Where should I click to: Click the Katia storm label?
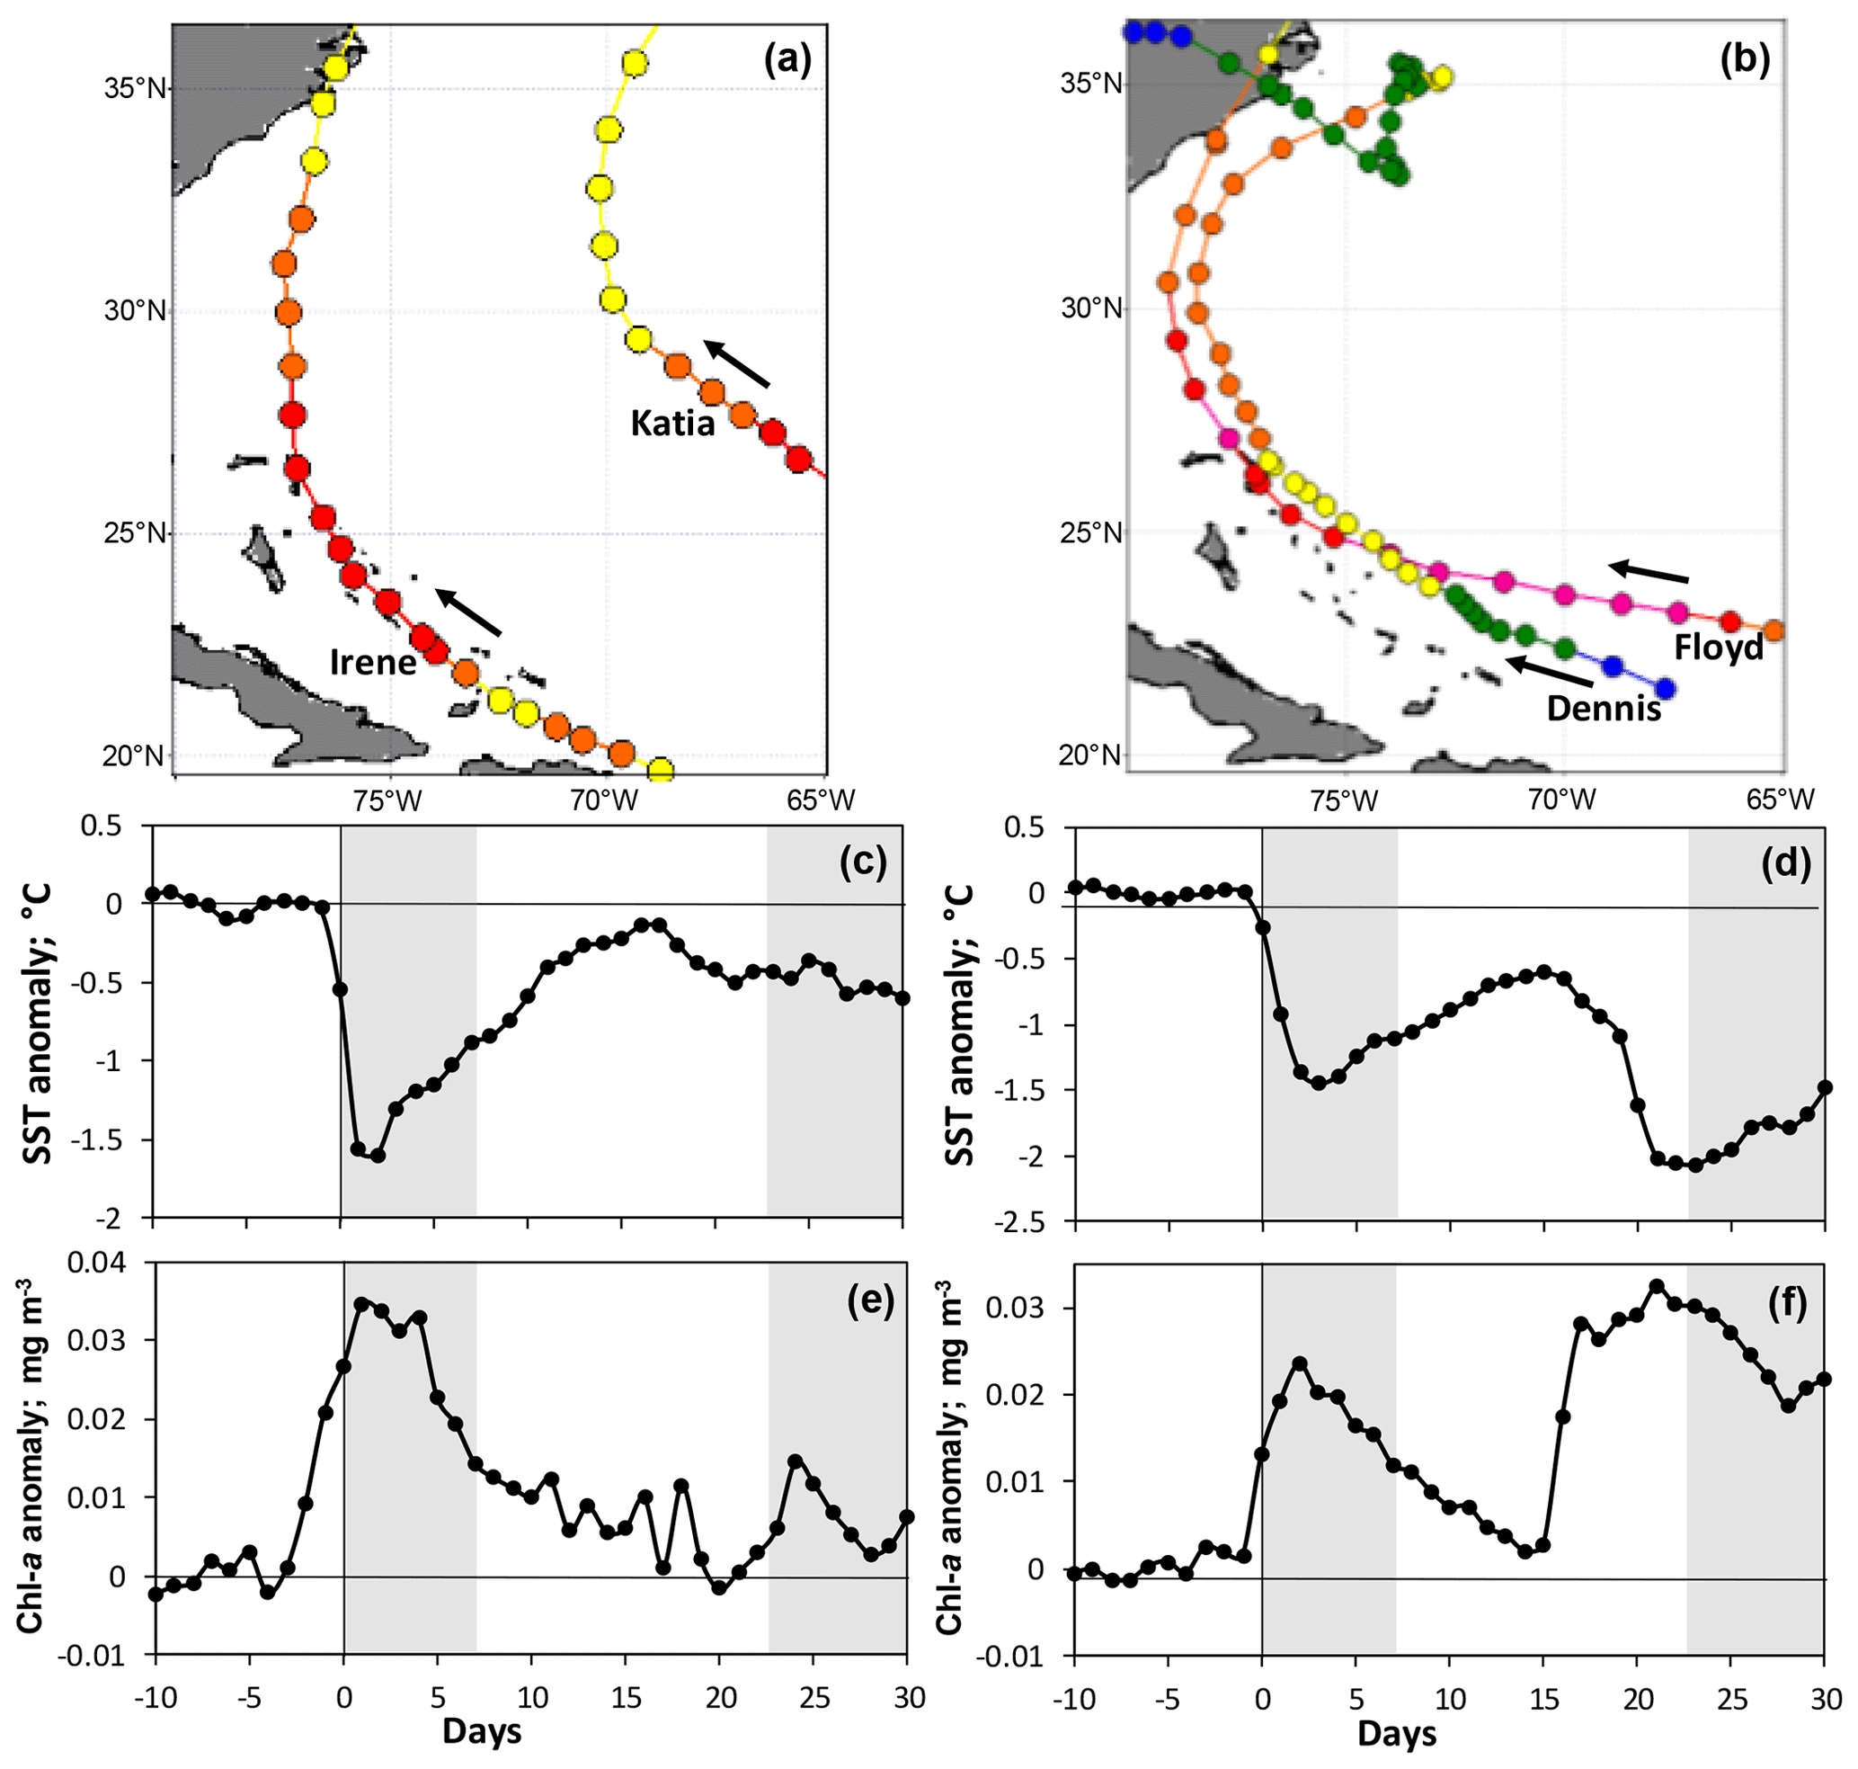(672, 423)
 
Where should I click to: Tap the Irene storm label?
(373, 662)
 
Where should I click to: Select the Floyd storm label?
(1718, 647)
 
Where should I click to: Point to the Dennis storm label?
(1604, 707)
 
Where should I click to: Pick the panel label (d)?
(1785, 863)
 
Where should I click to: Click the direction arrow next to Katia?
(736, 363)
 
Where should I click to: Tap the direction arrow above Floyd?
(1648, 572)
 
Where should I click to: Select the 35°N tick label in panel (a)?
(135, 89)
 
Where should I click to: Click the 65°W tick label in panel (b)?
(1780, 800)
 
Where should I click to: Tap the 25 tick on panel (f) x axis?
(1733, 1699)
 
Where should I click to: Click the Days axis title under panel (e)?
(482, 1731)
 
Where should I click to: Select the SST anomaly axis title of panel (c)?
(37, 1023)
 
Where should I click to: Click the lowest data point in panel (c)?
(377, 1155)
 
